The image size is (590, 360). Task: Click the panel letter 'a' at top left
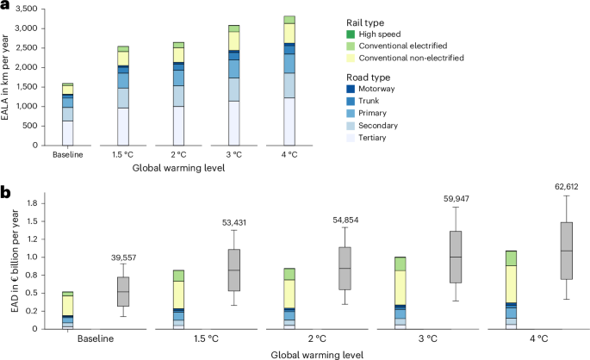coord(6,7)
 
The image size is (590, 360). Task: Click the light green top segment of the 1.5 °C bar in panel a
coord(123,49)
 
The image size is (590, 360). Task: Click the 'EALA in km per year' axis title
coord(9,76)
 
